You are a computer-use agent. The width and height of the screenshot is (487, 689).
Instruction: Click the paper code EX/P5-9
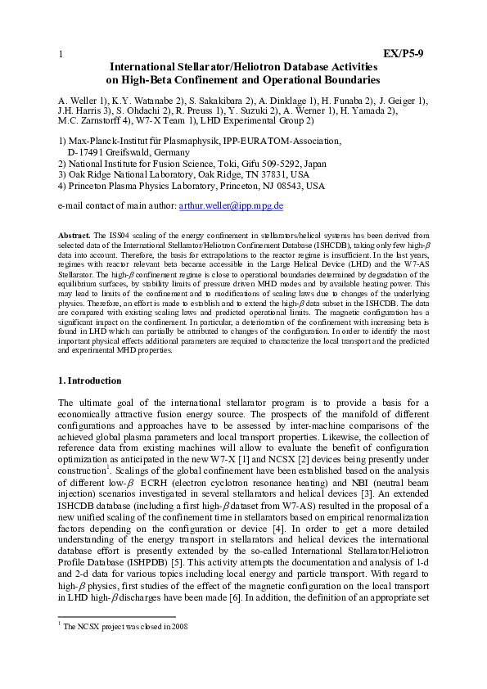click(x=403, y=54)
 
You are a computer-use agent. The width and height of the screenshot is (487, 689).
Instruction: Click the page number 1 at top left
click(x=61, y=55)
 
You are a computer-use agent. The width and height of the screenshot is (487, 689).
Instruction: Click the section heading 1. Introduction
click(x=90, y=381)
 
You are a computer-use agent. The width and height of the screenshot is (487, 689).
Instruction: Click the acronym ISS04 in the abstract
click(x=111, y=235)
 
